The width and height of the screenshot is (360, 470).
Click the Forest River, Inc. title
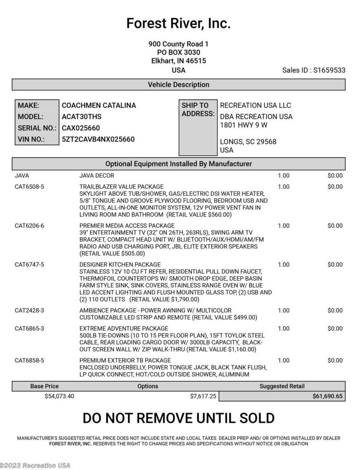(178, 23)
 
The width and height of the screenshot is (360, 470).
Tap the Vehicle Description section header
(178, 84)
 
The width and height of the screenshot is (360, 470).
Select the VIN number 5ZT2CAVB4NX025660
(98, 139)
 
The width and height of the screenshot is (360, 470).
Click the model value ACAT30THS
(82, 117)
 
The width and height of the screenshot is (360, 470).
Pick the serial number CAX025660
(81, 128)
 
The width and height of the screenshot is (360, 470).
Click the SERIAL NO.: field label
(37, 128)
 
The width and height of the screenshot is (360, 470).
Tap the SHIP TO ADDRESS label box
(198, 128)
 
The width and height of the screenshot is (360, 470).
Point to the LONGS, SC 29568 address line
(248, 141)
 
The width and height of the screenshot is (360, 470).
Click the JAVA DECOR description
(97, 175)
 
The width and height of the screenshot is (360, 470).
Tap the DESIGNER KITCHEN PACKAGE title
(120, 264)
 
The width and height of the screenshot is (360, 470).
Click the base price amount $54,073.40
(59, 396)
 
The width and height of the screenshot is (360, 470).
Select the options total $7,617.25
(203, 396)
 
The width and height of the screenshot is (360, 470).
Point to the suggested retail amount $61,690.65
(327, 396)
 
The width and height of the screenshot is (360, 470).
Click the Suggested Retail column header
(282, 386)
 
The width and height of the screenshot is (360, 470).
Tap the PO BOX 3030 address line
(178, 52)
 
